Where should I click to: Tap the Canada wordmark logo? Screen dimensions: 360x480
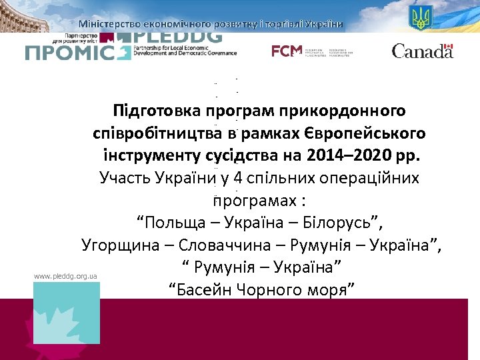pyautogui.click(x=422, y=51)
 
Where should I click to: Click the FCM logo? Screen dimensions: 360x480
pyautogui.click(x=287, y=51)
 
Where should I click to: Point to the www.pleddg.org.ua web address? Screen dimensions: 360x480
pyautogui.click(x=66, y=275)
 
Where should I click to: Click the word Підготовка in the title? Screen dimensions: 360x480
pyautogui.click(x=158, y=110)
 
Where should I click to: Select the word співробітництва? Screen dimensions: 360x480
pyautogui.click(x=157, y=133)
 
